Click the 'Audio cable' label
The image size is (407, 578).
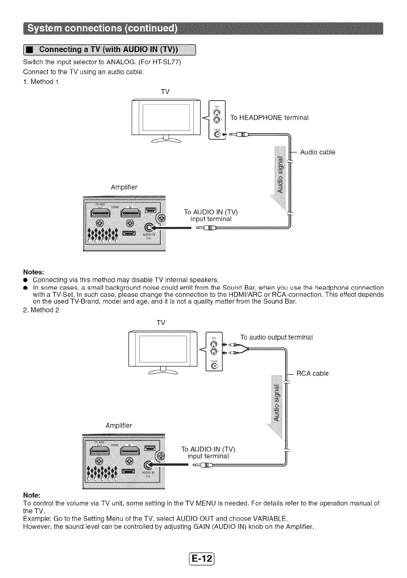[318, 152]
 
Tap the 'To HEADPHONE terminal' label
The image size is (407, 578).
[269, 118]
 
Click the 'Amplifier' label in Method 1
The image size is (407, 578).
[126, 186]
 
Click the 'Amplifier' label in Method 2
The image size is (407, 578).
[120, 425]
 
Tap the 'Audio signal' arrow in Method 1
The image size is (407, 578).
[280, 175]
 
